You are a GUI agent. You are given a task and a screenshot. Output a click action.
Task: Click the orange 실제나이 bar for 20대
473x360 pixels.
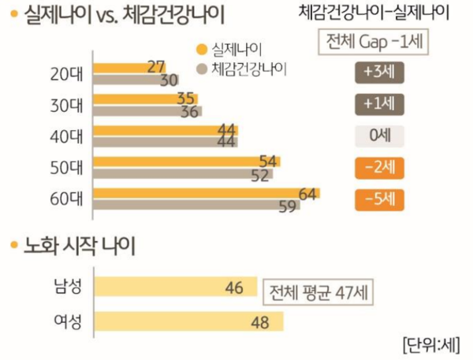point(126,66)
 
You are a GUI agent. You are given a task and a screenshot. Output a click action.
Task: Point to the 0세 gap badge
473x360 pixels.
point(379,135)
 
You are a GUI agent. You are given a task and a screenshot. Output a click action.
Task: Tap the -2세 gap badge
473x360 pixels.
point(379,168)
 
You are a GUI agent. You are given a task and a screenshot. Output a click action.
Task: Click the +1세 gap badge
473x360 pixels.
point(379,103)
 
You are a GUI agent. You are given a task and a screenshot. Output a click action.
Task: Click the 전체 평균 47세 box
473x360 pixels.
point(318,294)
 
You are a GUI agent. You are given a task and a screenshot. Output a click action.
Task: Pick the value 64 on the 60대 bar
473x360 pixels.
point(308,194)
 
